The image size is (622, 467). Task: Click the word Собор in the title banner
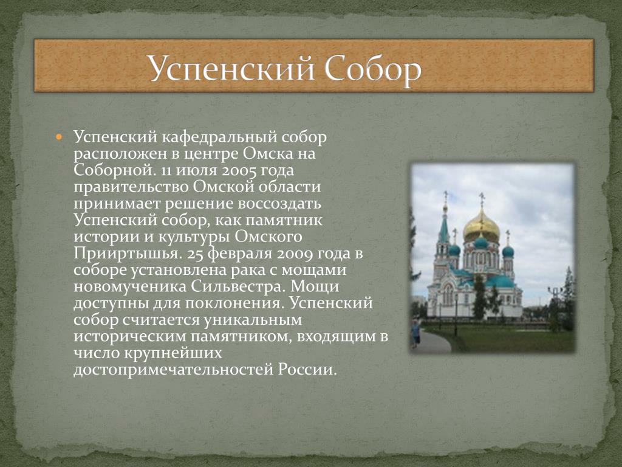pos(374,69)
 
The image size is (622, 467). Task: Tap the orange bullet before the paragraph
pos(59,137)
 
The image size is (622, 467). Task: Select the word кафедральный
pos(219,137)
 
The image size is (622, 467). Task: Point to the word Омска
pos(268,154)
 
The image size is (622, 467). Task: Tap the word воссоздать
pos(279,204)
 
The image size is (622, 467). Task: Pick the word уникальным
pos(252,320)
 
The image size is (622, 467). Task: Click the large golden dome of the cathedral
pos(482,227)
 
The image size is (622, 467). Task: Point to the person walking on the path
pos(415,334)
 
